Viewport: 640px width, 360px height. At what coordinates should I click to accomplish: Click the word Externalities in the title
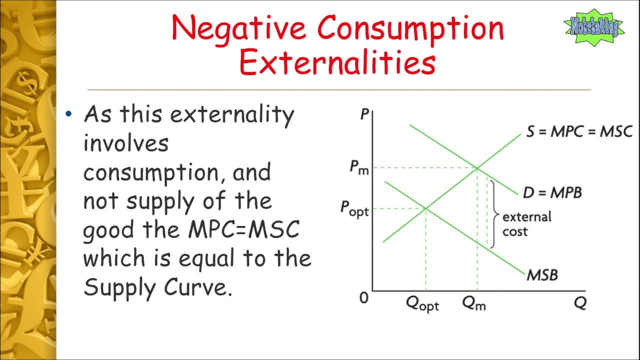coord(337,63)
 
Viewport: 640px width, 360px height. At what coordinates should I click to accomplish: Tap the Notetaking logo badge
coord(594,27)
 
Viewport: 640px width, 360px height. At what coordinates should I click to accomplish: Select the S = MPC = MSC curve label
coord(579,131)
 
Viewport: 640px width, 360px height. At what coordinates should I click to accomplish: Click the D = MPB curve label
coord(552,192)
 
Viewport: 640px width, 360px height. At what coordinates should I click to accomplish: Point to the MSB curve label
coord(542,274)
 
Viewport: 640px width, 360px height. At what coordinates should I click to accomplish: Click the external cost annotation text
coord(526,224)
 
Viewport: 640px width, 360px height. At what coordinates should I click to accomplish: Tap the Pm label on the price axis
coord(359,167)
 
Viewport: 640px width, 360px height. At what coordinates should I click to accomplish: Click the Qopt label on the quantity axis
coord(422,303)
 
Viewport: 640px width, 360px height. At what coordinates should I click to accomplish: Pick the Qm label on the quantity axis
coord(474,303)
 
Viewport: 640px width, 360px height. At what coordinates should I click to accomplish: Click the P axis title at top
coord(364,114)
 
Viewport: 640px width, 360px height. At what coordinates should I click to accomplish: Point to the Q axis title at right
coord(580,303)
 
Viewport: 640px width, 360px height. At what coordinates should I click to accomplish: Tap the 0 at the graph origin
coord(363,298)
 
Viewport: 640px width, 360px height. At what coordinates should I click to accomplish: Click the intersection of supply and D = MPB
coord(477,168)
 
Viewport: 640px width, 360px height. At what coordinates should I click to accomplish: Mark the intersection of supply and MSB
coord(425,208)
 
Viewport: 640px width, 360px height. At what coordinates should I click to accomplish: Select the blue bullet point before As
coord(69,114)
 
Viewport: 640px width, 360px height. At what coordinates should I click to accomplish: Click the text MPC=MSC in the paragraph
coord(243,230)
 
